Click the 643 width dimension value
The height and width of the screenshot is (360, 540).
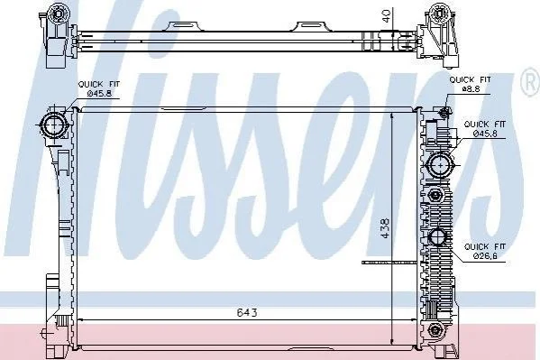click(247, 312)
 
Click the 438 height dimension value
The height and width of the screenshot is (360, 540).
click(385, 228)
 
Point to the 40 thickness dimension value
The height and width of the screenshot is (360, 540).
click(387, 16)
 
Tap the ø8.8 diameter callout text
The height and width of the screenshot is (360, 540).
click(471, 89)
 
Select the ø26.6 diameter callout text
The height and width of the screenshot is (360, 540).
click(484, 256)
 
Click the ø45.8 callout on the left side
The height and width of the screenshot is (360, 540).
click(99, 93)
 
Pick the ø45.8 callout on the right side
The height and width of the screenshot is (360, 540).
click(485, 134)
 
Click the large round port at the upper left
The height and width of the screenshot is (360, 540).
click(54, 125)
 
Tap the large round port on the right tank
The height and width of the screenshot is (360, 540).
click(441, 165)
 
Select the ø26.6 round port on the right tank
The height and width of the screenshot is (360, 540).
click(437, 237)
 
